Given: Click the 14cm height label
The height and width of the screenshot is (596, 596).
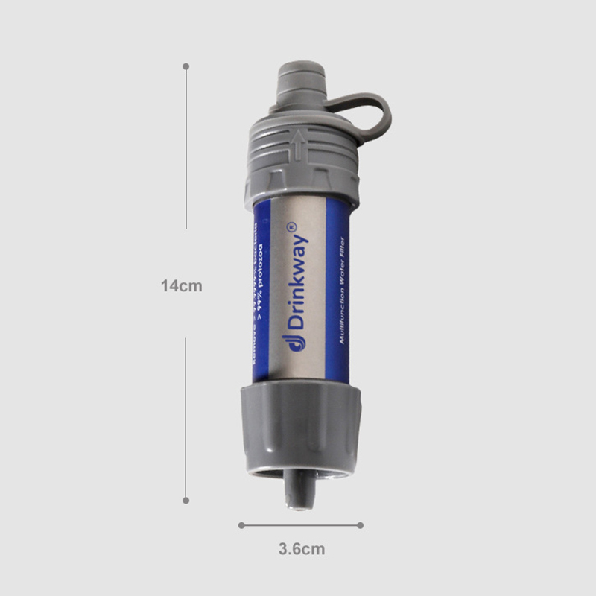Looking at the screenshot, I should coord(182,285).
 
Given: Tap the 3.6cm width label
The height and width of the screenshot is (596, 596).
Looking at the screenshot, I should coord(302,550).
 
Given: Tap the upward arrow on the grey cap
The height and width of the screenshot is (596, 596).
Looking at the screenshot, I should coord(298,144).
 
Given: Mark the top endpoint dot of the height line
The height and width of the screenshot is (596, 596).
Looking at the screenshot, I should coord(186,66).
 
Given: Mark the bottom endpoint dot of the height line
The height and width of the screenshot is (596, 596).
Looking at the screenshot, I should coord(186,500).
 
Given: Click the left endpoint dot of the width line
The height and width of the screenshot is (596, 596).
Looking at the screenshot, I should coord(241,525).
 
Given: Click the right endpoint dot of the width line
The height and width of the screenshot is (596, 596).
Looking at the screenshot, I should coord(361,525).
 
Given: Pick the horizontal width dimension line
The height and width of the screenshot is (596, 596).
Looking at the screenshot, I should coord(300,525).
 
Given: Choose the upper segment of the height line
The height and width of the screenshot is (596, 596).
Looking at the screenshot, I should coord(186,149).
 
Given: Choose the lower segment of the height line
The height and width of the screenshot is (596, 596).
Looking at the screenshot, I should coord(186,417).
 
